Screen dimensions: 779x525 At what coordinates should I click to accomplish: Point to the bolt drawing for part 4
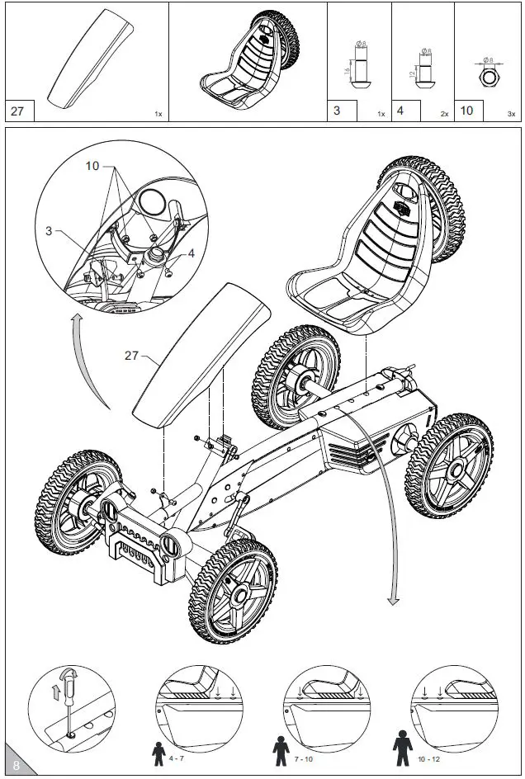(423, 70)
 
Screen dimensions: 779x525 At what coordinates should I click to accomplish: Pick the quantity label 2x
(444, 114)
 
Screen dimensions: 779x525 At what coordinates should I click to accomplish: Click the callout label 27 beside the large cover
(131, 356)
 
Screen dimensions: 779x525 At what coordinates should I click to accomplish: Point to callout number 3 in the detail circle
(49, 232)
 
